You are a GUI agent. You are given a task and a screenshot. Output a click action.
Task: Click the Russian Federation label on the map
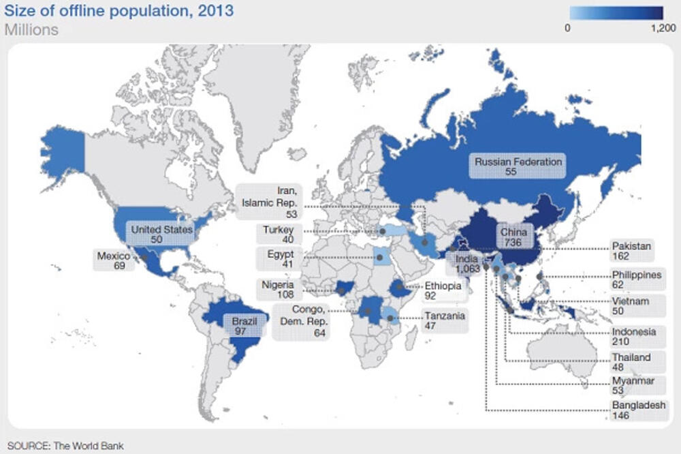pyautogui.click(x=519, y=166)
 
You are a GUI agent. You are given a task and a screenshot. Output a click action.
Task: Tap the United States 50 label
pyautogui.click(x=161, y=235)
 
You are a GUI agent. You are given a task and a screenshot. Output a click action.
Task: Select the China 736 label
pyautogui.click(x=514, y=237)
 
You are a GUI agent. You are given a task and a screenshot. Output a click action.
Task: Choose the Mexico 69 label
pyautogui.click(x=114, y=260)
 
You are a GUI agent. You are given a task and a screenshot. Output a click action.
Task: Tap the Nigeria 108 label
pyautogui.click(x=276, y=290)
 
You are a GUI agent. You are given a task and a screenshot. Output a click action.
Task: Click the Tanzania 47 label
pyautogui.click(x=445, y=321)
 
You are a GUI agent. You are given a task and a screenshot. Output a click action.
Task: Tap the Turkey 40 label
pyautogui.click(x=278, y=235)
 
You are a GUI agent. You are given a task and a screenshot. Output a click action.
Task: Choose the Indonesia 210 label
pyautogui.click(x=633, y=337)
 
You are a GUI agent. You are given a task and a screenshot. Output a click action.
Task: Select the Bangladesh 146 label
pyautogui.click(x=638, y=410)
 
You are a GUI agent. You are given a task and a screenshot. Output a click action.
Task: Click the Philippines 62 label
pyautogui.click(x=636, y=279)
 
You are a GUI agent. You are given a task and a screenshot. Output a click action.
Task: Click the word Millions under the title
pyautogui.click(x=31, y=30)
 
